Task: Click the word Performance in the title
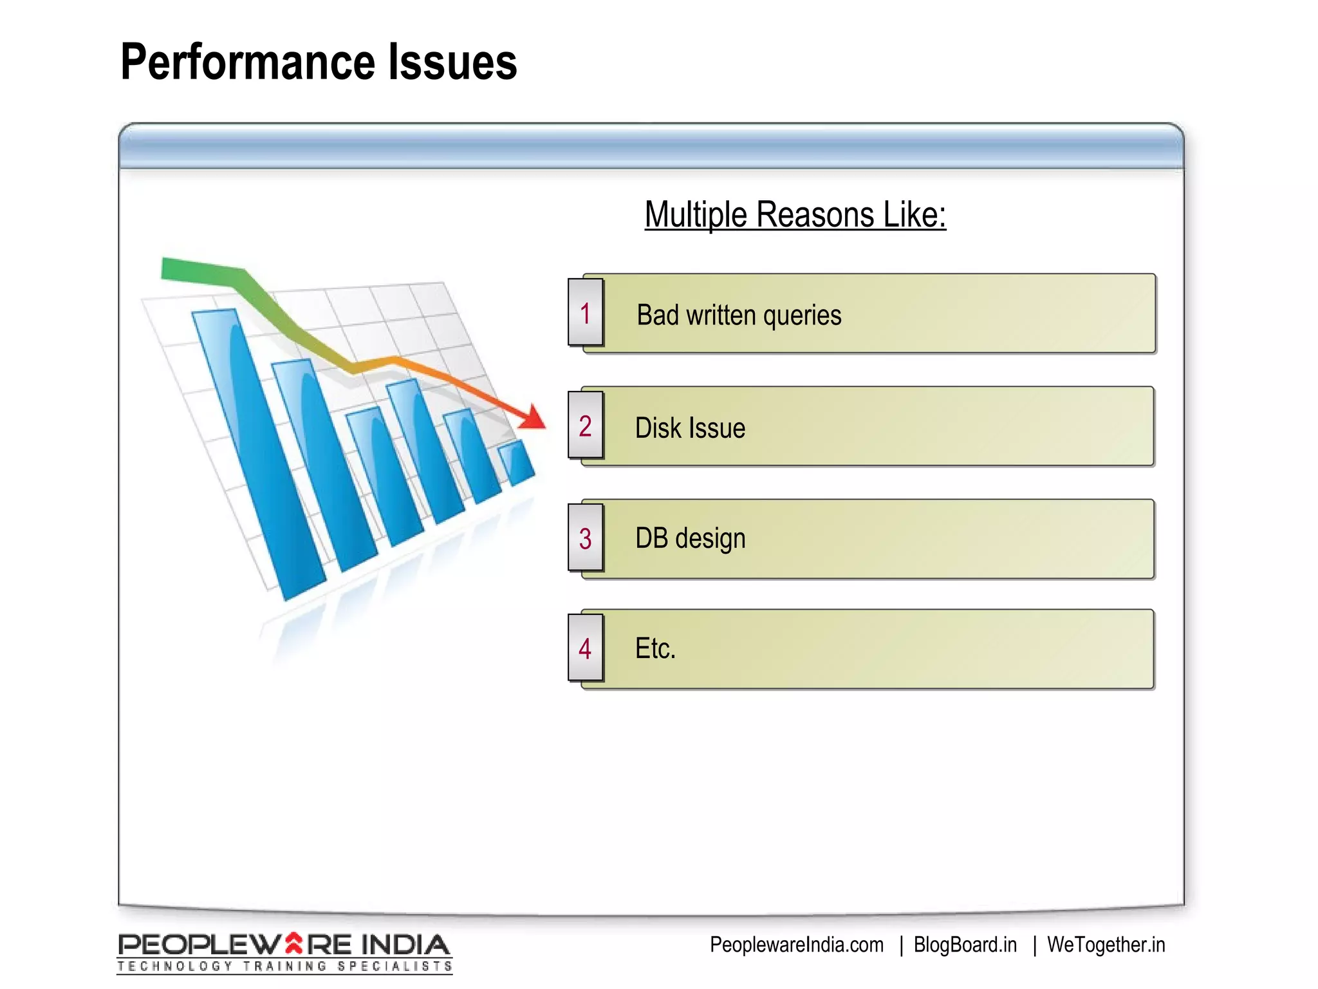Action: pyautogui.click(x=247, y=62)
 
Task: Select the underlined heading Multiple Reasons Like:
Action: pyautogui.click(x=795, y=214)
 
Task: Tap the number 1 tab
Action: pyautogui.click(x=585, y=314)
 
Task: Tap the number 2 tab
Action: pyautogui.click(x=585, y=426)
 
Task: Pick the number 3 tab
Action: pyautogui.click(x=585, y=539)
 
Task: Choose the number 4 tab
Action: pyautogui.click(x=585, y=648)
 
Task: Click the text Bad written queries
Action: pyautogui.click(x=739, y=316)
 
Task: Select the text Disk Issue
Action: pyautogui.click(x=690, y=428)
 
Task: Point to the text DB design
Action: pyautogui.click(x=690, y=538)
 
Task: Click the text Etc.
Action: pyautogui.click(x=655, y=648)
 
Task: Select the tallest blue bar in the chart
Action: pyautogui.click(x=257, y=451)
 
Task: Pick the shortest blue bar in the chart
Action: pyautogui.click(x=517, y=462)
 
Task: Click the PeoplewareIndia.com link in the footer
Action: pyautogui.click(x=796, y=945)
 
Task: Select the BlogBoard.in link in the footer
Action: pyautogui.click(x=965, y=945)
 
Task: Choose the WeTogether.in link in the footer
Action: pyautogui.click(x=1106, y=945)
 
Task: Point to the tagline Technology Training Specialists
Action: pyautogui.click(x=284, y=966)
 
